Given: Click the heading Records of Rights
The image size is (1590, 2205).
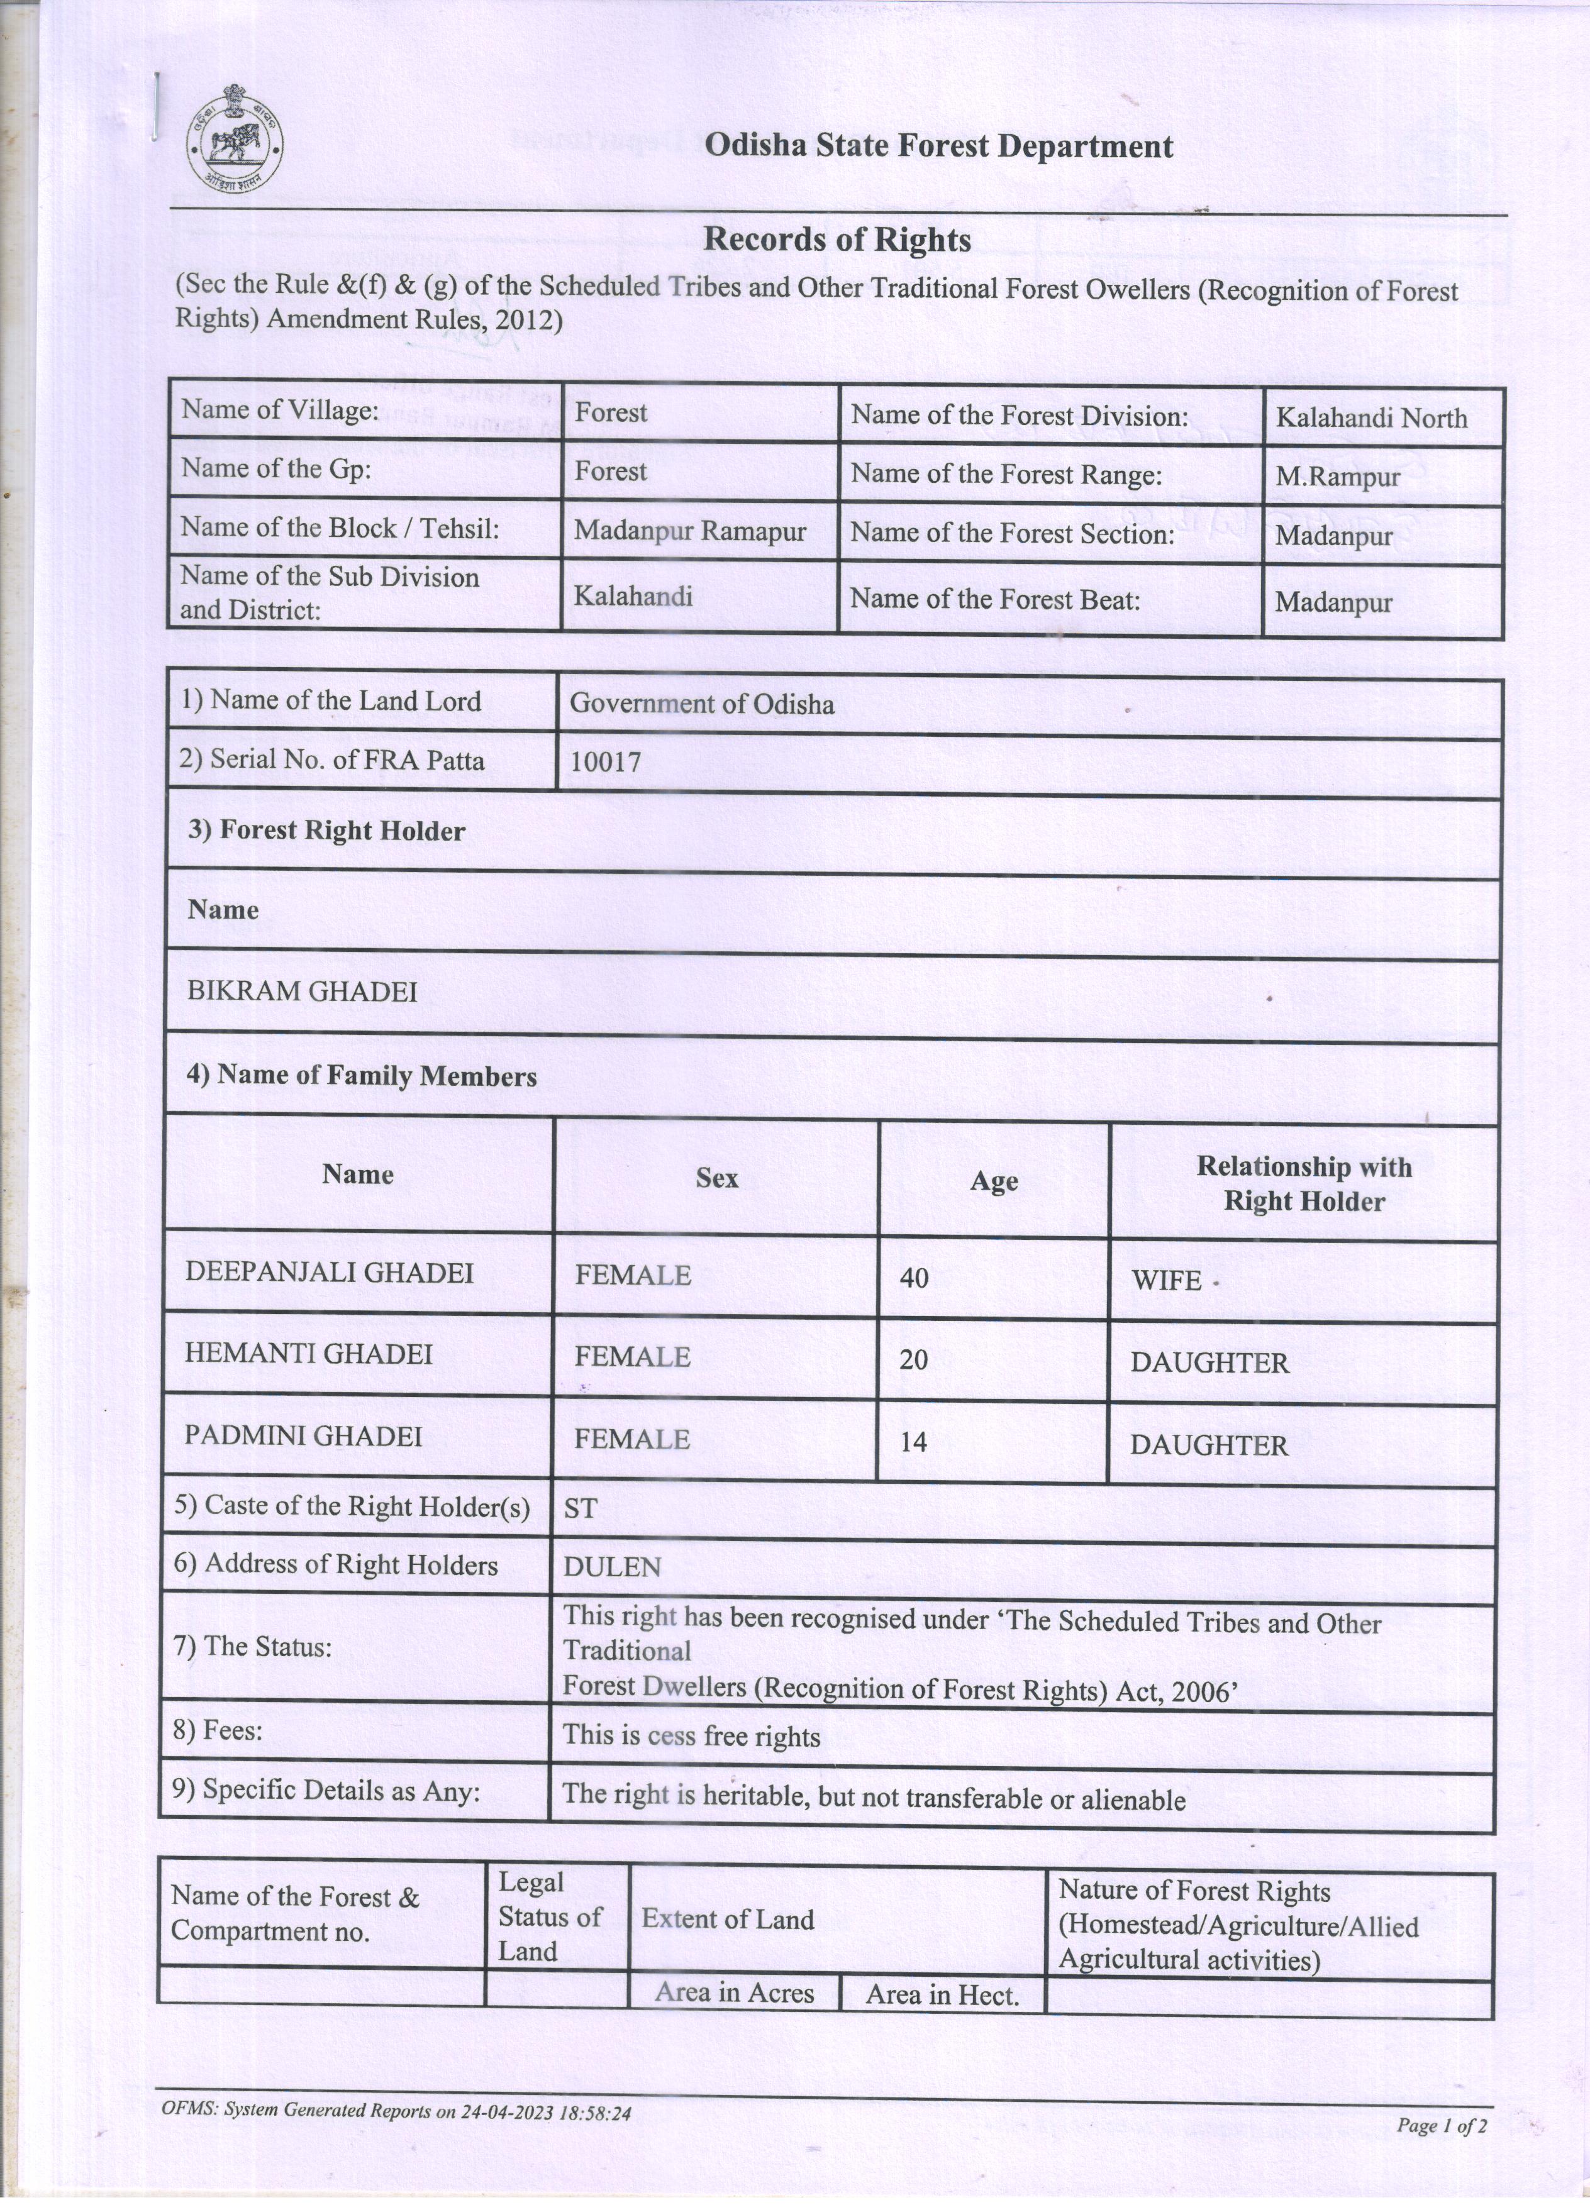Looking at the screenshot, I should tap(837, 239).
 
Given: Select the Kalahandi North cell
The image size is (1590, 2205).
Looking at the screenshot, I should tap(1370, 418).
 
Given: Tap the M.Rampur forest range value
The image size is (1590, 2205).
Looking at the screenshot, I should tap(1337, 477).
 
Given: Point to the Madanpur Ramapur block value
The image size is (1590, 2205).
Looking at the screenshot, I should tap(689, 531).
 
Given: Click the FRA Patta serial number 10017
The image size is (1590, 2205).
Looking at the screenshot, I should tap(605, 761).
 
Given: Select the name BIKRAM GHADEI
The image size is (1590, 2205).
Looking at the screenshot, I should tap(303, 991).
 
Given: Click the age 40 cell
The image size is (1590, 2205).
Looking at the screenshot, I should tap(914, 1278).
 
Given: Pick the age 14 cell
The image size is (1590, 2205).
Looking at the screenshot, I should tap(913, 1442).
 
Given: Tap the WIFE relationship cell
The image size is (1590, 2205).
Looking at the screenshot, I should tap(1167, 1280).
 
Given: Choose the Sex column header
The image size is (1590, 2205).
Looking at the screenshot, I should tap(717, 1178).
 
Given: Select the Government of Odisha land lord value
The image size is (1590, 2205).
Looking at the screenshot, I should tap(701, 704).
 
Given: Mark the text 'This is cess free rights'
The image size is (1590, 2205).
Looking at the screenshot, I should tap(691, 1737).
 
